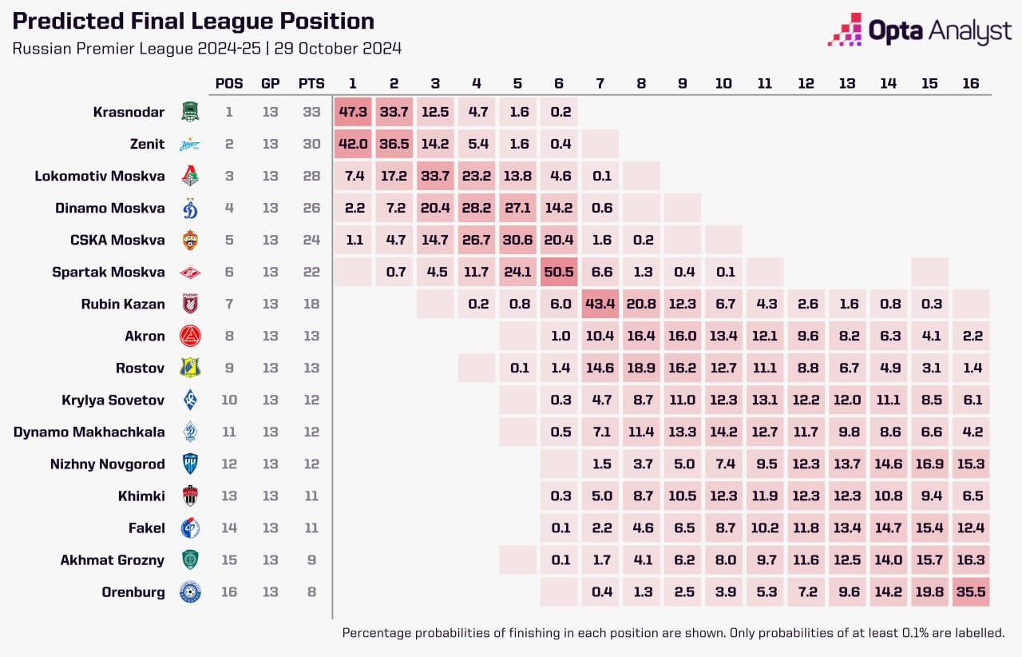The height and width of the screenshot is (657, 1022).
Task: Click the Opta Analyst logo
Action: point(918,30)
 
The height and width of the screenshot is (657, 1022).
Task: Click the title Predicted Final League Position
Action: point(193,22)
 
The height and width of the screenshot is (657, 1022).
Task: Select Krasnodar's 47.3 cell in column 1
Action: point(352,112)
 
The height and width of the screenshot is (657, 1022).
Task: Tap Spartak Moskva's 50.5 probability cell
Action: point(561,272)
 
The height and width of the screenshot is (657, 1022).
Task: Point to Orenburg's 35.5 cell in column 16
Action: point(971,592)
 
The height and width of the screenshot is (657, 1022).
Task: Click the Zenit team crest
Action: point(190,145)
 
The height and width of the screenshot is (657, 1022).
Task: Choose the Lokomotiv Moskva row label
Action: point(100,176)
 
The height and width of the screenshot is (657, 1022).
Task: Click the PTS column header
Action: point(311,83)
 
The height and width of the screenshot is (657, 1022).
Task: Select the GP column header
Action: point(270,83)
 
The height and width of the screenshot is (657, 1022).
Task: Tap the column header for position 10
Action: point(723,83)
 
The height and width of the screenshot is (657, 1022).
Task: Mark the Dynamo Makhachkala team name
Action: point(89,432)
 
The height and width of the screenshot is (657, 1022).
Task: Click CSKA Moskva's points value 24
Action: point(311,240)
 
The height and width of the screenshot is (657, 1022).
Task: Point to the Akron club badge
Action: point(190,336)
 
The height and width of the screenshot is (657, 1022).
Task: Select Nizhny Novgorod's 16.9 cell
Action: point(929,464)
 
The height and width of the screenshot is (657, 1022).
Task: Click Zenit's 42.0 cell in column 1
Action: point(352,144)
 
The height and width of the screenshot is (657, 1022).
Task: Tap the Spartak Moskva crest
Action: point(190,273)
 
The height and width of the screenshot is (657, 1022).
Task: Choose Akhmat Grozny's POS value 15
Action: point(229,559)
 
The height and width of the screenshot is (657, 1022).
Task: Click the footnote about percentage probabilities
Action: point(673,633)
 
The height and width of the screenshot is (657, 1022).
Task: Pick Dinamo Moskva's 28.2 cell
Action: point(477,208)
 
